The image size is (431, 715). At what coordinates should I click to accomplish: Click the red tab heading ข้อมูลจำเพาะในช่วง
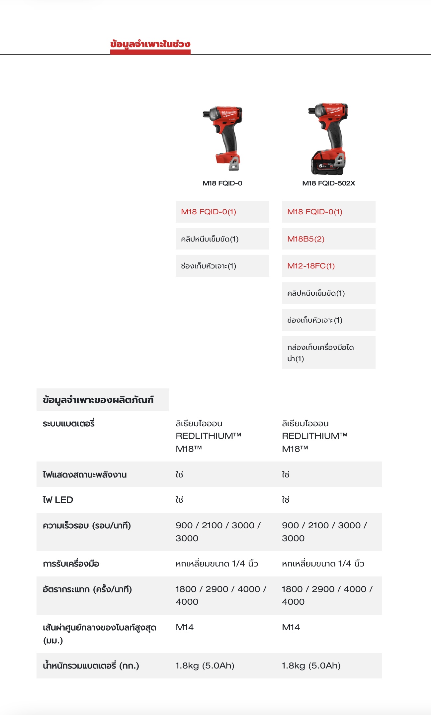[x=150, y=44]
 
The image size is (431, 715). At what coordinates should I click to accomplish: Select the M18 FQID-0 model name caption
[x=222, y=183]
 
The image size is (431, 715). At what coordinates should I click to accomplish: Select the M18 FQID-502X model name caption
[x=328, y=183]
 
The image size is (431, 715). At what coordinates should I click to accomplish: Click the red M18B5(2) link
[x=306, y=239]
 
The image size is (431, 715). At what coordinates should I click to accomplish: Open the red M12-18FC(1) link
[x=311, y=266]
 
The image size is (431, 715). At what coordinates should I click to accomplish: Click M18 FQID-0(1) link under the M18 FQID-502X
[x=314, y=212]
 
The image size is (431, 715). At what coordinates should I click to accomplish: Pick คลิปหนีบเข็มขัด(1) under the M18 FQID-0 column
[x=210, y=239]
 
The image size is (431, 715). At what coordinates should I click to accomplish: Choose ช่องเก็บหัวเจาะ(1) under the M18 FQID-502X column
[x=314, y=320]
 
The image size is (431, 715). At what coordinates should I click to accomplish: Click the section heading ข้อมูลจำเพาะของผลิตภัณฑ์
[x=98, y=400]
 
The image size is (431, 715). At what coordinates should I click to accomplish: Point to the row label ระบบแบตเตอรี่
[x=69, y=424]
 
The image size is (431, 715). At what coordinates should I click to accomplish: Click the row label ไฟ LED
[x=58, y=500]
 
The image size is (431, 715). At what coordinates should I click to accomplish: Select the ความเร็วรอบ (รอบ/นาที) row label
[x=87, y=526]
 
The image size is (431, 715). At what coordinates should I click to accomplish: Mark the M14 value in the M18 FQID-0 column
[x=185, y=627]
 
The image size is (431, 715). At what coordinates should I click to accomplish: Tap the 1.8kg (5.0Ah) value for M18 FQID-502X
[x=311, y=665]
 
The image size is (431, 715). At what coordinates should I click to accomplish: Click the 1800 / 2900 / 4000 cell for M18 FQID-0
[x=220, y=595]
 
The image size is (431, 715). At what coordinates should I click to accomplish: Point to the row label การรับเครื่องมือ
[x=71, y=564]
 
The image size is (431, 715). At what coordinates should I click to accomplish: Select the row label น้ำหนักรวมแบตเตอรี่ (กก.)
[x=91, y=665]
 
